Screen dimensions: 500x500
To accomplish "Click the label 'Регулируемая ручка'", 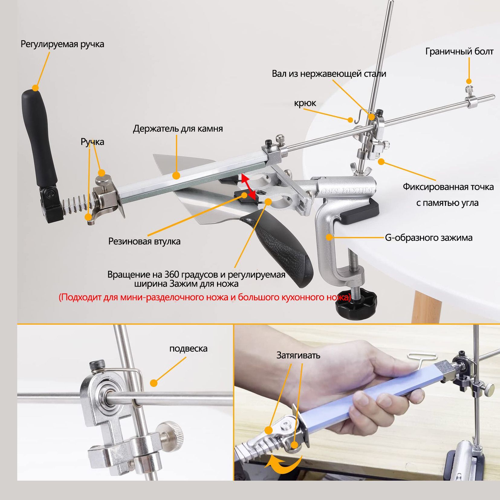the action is click(x=62, y=44).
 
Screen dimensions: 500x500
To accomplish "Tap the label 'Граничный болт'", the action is click(x=459, y=51).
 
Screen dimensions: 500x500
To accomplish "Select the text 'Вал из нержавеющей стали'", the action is click(x=329, y=73).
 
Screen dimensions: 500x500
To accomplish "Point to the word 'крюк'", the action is click(x=305, y=103).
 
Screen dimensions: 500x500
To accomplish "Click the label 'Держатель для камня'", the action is click(x=178, y=128).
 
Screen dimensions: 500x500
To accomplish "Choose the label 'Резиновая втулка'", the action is click(x=144, y=241).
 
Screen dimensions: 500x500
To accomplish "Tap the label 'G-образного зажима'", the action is click(x=429, y=238).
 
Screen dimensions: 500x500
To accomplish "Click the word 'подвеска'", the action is click(x=188, y=349).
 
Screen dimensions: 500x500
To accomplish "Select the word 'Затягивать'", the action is click(x=298, y=355).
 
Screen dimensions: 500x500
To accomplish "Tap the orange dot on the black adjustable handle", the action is click(x=36, y=88).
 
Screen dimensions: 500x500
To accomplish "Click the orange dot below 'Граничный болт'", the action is click(x=469, y=81).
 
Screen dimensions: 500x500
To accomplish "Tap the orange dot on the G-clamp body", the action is click(x=329, y=237).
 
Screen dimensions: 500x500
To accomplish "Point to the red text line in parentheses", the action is click(x=205, y=297).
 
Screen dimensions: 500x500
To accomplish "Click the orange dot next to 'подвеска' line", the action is click(x=154, y=383).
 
